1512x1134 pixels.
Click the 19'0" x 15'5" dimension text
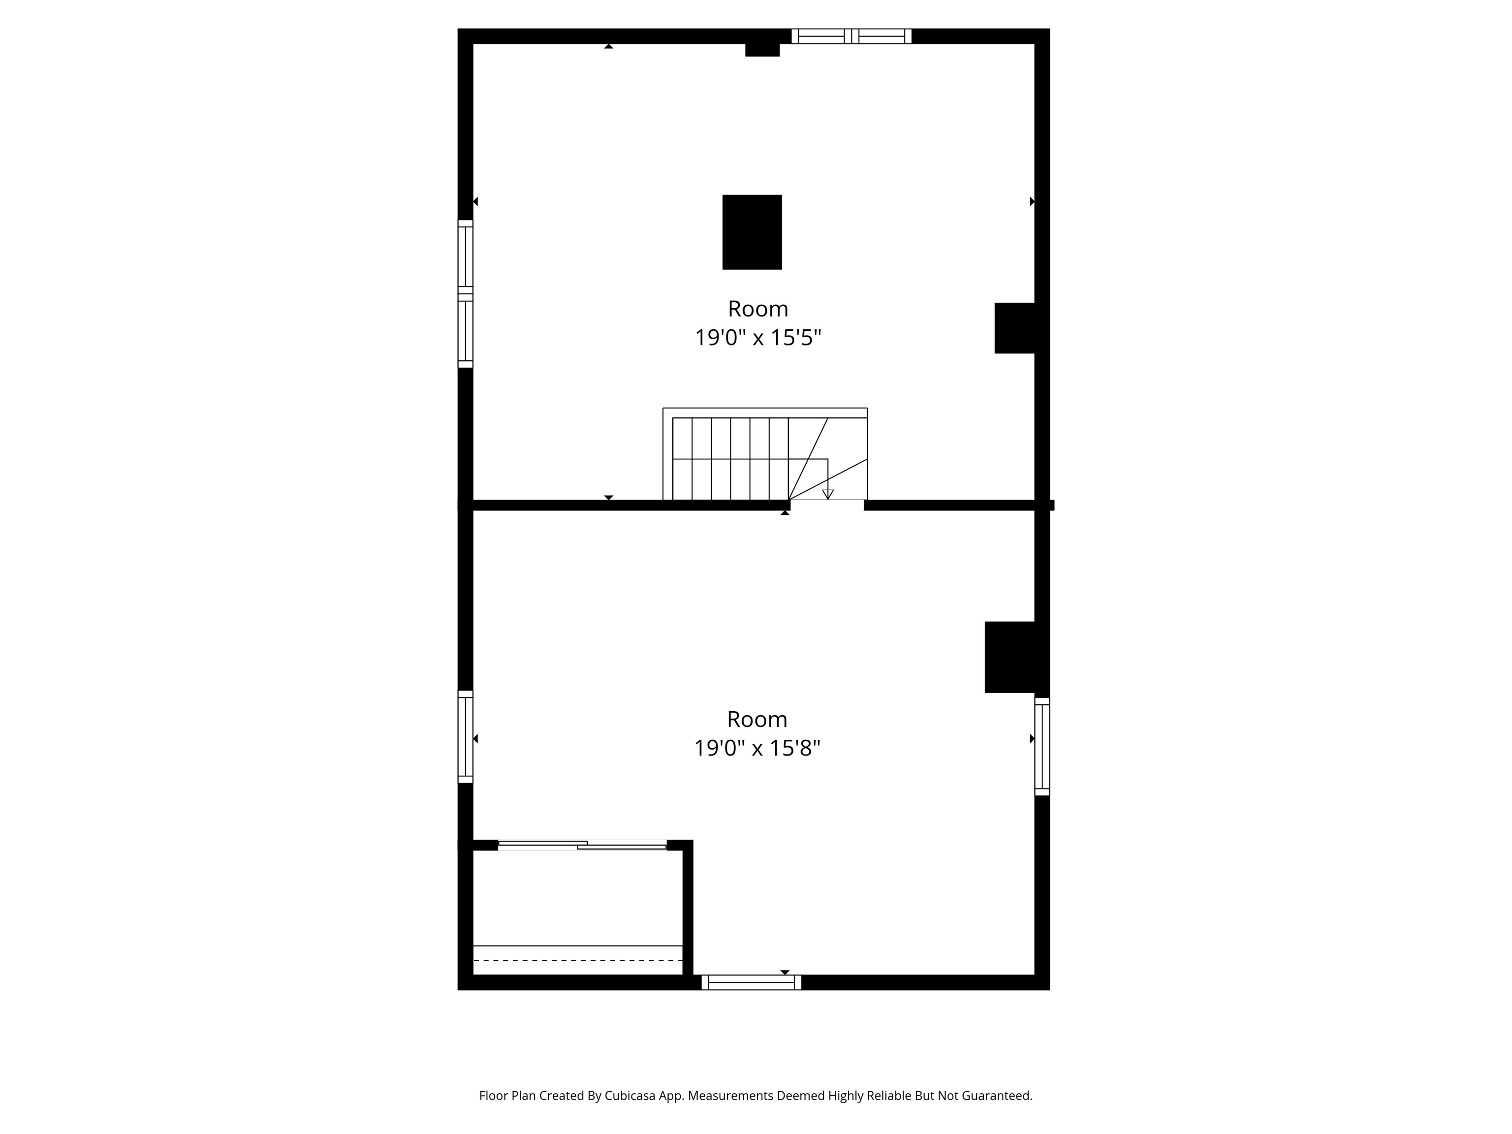coord(757,338)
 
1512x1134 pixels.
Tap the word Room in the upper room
coord(757,309)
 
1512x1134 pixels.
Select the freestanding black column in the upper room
coord(752,232)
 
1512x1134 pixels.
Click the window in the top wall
coord(851,36)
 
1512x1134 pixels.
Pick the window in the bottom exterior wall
coord(751,982)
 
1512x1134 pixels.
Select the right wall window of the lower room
coord(1042,747)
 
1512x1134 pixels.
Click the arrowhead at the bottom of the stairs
coord(828,494)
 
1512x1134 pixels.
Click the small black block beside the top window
coord(762,49)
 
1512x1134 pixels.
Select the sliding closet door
coord(582,845)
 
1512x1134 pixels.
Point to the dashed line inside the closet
coord(578,960)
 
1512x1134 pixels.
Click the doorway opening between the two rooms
coord(827,505)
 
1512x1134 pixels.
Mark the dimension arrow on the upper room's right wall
coord(1032,202)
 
